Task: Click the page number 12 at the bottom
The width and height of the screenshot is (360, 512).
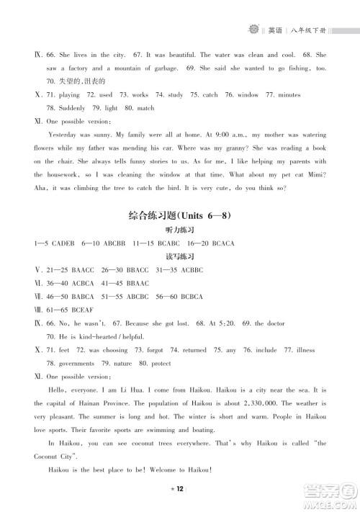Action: (x=180, y=488)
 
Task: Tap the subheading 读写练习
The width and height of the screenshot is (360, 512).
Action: (x=180, y=256)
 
